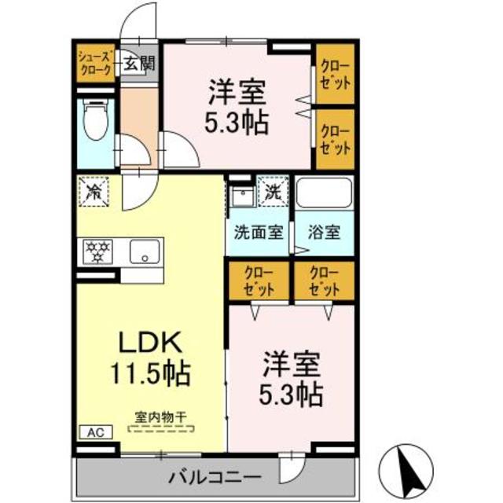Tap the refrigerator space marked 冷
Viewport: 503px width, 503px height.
click(94, 191)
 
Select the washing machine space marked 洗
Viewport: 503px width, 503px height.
click(271, 190)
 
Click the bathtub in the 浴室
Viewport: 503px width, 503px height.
click(324, 196)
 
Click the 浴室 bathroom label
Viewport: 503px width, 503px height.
click(324, 233)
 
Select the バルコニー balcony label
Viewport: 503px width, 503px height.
click(215, 476)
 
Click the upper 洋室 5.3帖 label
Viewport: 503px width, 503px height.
click(237, 108)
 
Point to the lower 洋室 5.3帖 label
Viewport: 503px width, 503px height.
click(292, 378)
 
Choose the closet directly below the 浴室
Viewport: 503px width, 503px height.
click(324, 281)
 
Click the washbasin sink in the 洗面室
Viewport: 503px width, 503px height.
click(242, 196)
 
